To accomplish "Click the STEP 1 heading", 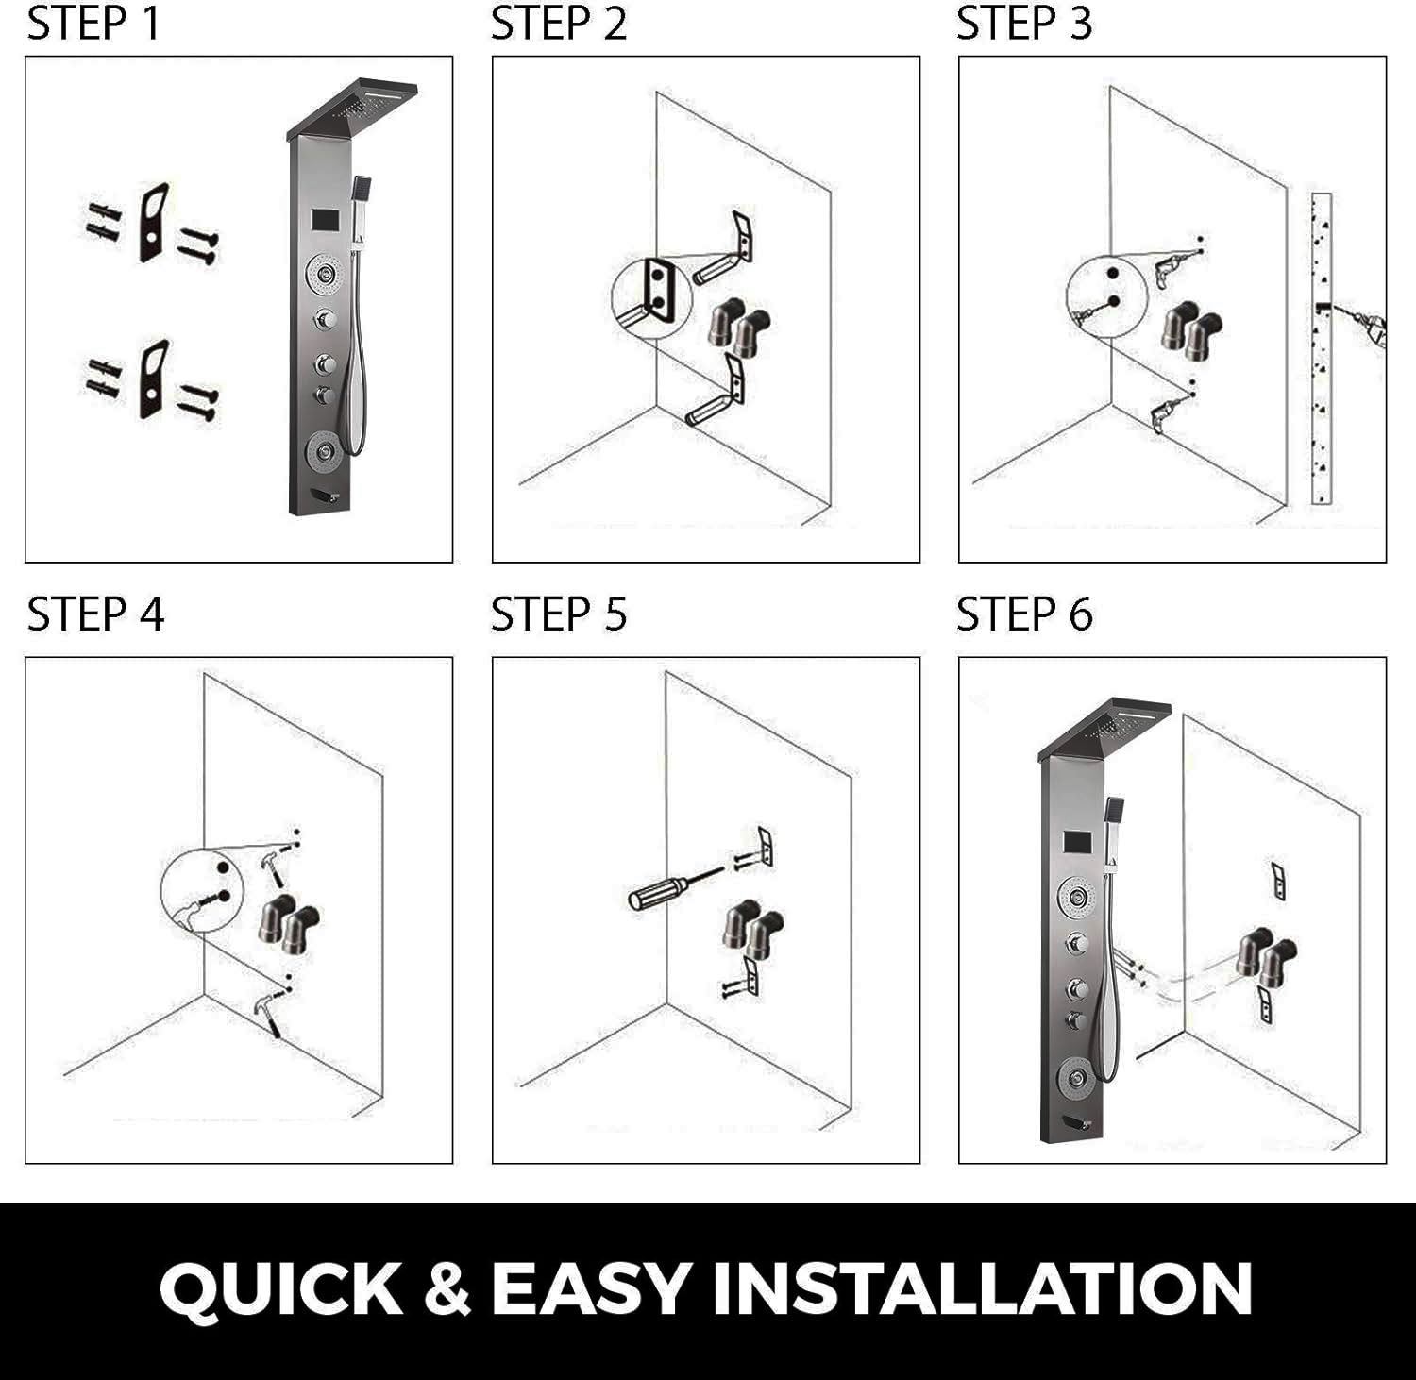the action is [x=94, y=23].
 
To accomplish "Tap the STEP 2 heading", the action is [x=559, y=23].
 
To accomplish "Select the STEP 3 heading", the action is [x=1024, y=23].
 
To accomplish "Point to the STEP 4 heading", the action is [x=95, y=614].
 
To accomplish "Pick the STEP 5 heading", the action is [x=559, y=614].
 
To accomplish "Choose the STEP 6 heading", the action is [x=1024, y=614].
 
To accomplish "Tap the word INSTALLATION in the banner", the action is [x=982, y=1289].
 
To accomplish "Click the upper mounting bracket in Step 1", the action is [x=154, y=222].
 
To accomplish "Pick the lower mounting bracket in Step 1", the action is [x=154, y=380].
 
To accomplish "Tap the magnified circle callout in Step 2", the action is [x=651, y=297].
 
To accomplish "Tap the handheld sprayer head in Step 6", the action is [x=1114, y=809].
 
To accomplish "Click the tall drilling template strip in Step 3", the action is [x=1322, y=349].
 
